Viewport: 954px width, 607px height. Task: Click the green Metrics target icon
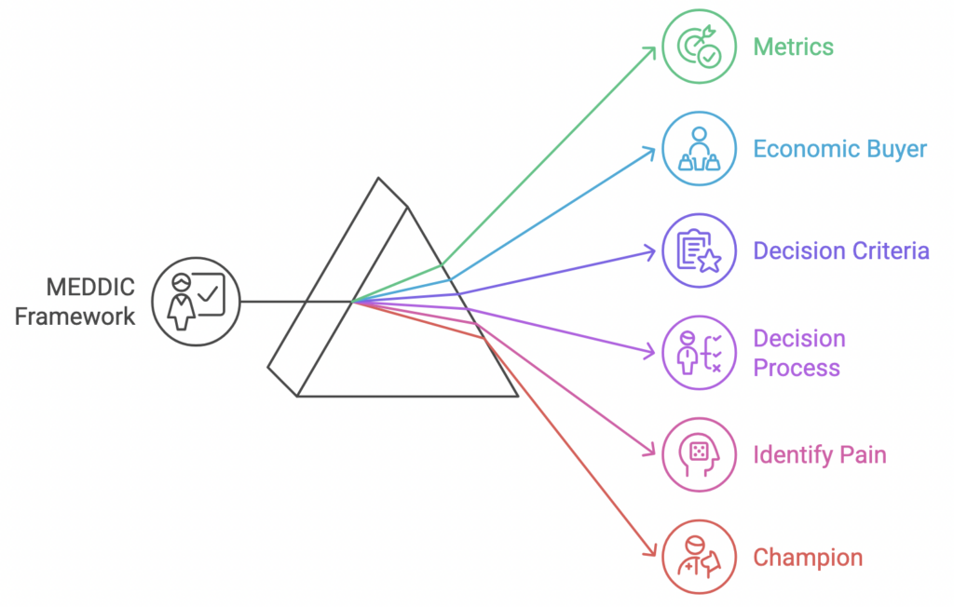click(x=699, y=46)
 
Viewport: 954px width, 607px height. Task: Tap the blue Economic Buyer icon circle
click(x=699, y=149)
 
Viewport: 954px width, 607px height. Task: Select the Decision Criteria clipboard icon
click(x=699, y=250)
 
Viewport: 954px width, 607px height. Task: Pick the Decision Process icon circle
click(x=699, y=353)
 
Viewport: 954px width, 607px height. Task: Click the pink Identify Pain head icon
click(x=699, y=454)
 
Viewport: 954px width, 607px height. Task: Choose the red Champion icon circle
click(x=699, y=557)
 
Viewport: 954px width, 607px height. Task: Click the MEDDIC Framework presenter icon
click(x=195, y=302)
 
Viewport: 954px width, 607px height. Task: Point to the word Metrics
click(x=793, y=47)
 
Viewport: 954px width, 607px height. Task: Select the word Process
click(x=796, y=368)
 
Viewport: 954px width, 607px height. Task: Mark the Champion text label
click(x=807, y=558)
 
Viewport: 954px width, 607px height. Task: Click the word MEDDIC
click(x=90, y=286)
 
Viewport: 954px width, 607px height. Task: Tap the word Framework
click(x=75, y=316)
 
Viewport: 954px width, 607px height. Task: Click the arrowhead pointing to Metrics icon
click(x=651, y=47)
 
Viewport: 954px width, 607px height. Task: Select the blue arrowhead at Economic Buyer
click(x=650, y=150)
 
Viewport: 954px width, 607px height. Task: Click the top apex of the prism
click(x=378, y=179)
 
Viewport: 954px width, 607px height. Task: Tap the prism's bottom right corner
click(x=517, y=397)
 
